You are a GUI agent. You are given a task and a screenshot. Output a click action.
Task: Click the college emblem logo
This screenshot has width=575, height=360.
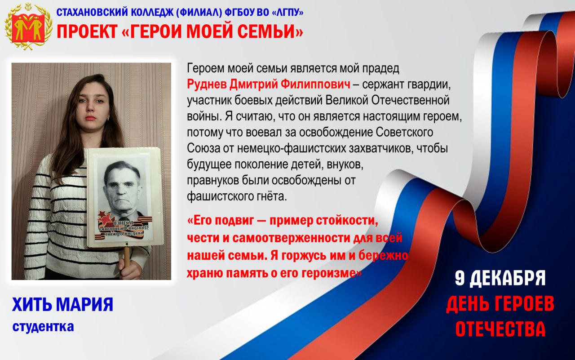[25, 26]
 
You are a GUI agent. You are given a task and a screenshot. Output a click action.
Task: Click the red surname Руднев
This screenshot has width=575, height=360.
[207, 84]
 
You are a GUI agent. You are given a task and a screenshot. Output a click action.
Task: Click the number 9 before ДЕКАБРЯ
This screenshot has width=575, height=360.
[460, 279]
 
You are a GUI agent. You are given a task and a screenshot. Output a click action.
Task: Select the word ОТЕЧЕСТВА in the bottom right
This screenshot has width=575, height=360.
[500, 329]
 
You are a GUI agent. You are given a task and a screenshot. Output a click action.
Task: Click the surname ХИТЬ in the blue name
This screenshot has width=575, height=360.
[31, 305]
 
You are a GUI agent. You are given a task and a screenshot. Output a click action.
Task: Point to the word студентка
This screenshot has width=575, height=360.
[43, 327]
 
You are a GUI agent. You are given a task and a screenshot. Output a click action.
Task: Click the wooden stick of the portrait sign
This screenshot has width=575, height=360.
[127, 255]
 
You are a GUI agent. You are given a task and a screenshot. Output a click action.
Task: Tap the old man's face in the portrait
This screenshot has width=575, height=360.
[122, 184]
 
